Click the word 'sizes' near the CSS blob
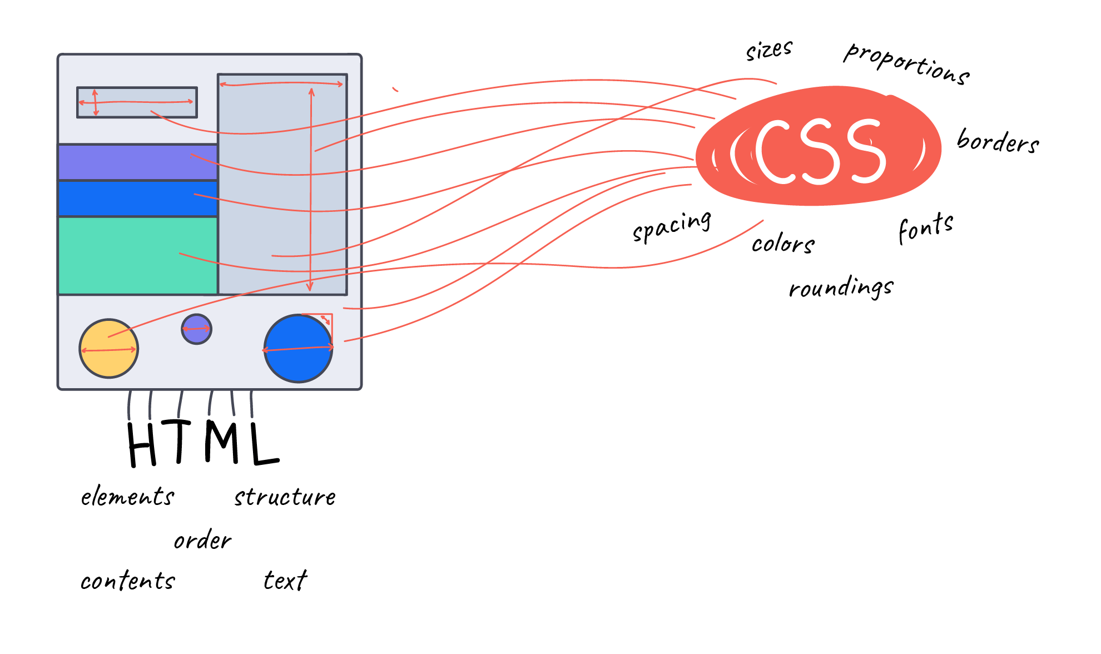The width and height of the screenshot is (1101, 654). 769,50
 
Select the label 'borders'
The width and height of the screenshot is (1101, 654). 998,141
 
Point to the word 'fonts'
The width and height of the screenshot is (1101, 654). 926,227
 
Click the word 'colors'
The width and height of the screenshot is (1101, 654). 783,244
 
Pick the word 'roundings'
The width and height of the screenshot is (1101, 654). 841,288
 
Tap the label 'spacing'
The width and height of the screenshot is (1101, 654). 672,226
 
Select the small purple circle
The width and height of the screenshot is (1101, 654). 196,329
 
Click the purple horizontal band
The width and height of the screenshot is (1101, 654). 137,162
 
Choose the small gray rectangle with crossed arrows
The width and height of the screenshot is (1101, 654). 137,102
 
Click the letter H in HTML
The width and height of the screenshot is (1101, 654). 142,445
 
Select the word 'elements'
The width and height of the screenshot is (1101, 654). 127,497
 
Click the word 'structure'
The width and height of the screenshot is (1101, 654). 285,497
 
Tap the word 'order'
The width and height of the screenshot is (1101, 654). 202,540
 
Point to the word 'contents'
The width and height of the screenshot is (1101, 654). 127,581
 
